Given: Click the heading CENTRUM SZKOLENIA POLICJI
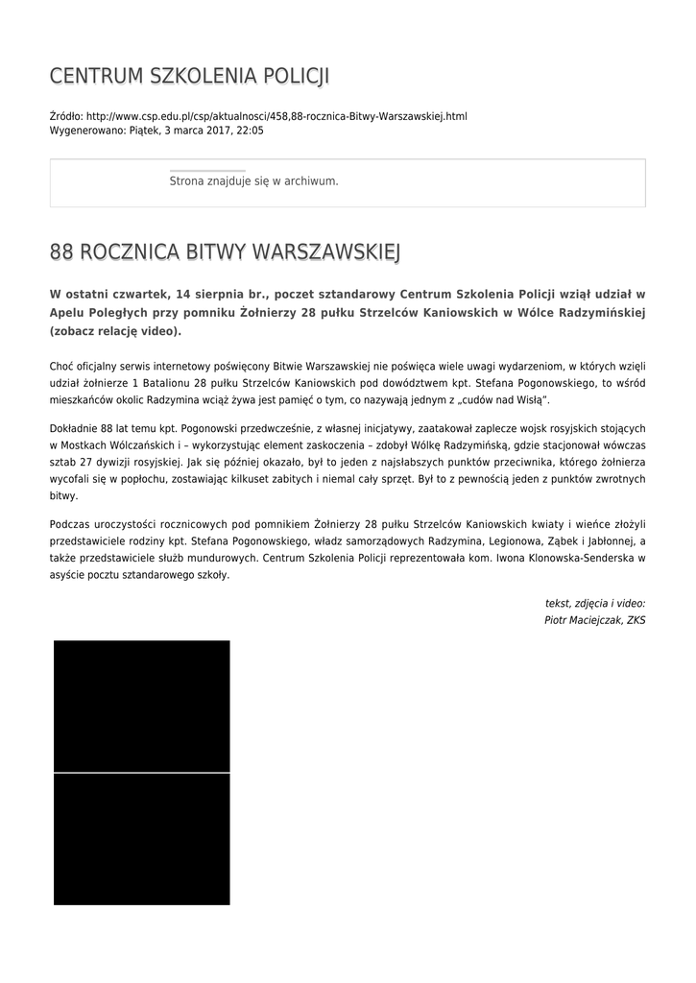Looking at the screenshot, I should click(189, 76).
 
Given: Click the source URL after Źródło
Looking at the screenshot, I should click(276, 116).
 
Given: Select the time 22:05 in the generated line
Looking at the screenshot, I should click(250, 130).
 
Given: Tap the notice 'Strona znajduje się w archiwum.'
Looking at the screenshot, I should click(253, 180).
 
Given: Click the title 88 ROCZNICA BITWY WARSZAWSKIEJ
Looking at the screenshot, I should click(225, 252).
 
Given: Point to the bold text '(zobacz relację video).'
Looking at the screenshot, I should click(115, 331).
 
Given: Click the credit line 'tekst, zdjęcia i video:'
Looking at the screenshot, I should click(594, 604).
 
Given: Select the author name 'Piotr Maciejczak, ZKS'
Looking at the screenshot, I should click(594, 621).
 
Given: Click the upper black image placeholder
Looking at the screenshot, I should click(141, 706).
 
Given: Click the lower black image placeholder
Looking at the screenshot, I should click(141, 839).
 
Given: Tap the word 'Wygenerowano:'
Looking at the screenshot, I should click(86, 130).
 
